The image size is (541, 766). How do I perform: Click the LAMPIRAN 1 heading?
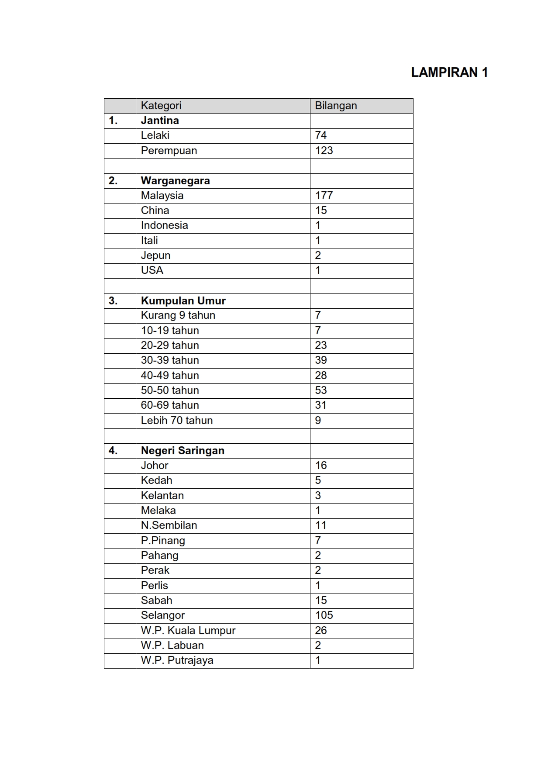[x=449, y=72]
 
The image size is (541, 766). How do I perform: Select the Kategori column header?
[x=161, y=106]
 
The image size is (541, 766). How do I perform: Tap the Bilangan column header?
[x=336, y=106]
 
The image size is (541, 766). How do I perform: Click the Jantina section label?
[x=160, y=121]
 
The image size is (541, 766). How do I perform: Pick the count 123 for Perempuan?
[x=324, y=151]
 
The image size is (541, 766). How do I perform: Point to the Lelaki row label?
[x=155, y=135]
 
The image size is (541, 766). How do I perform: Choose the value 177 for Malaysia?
[x=324, y=196]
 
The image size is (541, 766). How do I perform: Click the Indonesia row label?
[x=164, y=225]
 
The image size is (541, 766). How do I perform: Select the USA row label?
[x=152, y=270]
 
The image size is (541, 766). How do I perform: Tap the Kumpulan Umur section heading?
[x=183, y=301]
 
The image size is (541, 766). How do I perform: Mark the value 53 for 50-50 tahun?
[x=321, y=390]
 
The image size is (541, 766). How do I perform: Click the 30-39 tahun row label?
[x=170, y=360]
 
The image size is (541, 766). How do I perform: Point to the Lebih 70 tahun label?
[x=177, y=421]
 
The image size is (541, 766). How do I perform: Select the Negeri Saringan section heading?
[x=183, y=451]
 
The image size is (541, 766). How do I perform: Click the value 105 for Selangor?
[x=324, y=615]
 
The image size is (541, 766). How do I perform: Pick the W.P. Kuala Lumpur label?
[x=188, y=631]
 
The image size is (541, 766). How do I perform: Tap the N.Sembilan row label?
[x=169, y=525]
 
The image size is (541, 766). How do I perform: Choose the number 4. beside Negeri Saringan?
[x=113, y=451]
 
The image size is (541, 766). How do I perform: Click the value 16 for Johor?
[x=321, y=466]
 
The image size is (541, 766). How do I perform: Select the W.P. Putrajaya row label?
[x=177, y=660]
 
